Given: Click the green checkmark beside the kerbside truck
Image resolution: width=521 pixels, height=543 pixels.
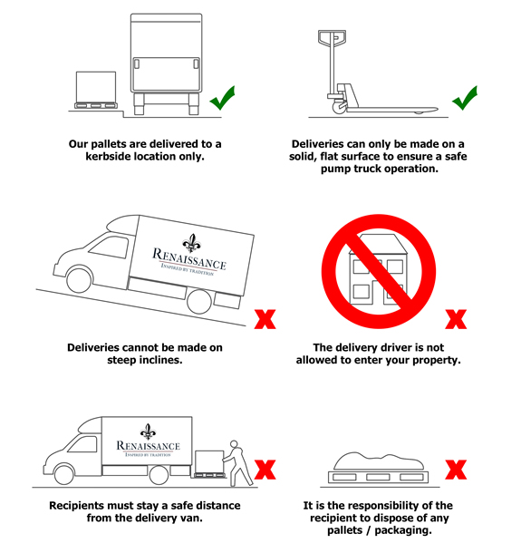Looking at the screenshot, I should tap(223, 98).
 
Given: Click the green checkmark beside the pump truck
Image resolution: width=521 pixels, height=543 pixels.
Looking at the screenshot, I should tap(465, 98).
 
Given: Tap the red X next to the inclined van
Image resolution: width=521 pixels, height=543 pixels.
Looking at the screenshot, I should tap(265, 318).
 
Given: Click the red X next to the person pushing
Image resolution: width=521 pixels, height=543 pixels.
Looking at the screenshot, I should tap(265, 470).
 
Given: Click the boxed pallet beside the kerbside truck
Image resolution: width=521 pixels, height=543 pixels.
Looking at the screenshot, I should tap(96, 89).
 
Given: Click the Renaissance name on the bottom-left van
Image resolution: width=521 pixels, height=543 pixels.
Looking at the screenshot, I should tap(148, 445).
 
